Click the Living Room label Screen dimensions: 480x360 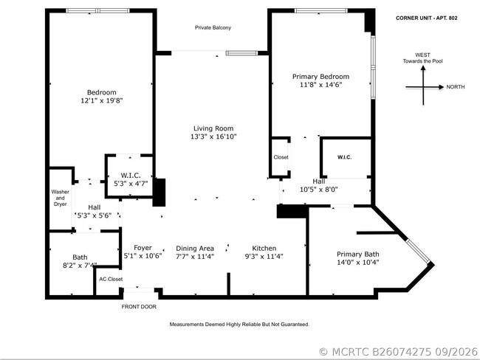click(x=213, y=128)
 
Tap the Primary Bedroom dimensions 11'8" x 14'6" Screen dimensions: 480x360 click(x=320, y=85)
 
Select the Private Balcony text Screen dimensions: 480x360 click(x=213, y=27)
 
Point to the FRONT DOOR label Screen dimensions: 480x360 click(x=139, y=306)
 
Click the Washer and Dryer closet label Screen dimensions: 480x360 click(x=60, y=198)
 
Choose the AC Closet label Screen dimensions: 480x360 click(x=111, y=279)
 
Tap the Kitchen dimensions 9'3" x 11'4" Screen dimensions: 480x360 click(x=264, y=256)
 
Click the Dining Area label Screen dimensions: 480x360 click(x=195, y=249)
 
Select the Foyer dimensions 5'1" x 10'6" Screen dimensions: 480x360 click(x=143, y=256)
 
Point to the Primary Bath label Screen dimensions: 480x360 click(x=358, y=255)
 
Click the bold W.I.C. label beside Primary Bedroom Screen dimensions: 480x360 click(x=344, y=157)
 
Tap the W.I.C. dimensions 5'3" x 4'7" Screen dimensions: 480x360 click(x=131, y=184)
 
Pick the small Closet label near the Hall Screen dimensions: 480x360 click(x=281, y=157)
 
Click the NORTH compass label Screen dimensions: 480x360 click(x=456, y=87)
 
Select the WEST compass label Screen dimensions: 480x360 click(x=422, y=55)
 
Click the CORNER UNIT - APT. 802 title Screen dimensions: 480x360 click(x=427, y=18)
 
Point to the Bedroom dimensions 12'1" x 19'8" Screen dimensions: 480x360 click(x=102, y=100)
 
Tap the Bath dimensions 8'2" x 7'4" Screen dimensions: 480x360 click(x=80, y=265)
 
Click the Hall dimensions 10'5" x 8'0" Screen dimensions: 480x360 click(x=319, y=190)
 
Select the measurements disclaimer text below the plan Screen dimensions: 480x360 click(x=239, y=324)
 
